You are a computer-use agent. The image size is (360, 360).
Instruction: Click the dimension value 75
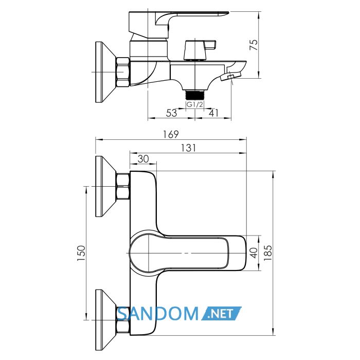point(254,45)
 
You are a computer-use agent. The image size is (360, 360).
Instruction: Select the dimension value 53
point(171,113)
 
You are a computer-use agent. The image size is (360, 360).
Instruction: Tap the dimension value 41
point(214,113)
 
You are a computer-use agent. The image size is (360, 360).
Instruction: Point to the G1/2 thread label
point(195,105)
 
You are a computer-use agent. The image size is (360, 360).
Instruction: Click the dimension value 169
point(171,134)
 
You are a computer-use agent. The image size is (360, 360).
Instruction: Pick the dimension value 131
point(189,148)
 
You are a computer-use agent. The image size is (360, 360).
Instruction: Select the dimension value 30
point(143,158)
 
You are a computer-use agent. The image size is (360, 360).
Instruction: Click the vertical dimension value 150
point(81,253)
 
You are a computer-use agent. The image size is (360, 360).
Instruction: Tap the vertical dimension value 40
point(254,253)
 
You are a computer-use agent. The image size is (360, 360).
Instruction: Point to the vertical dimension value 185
point(268,253)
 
